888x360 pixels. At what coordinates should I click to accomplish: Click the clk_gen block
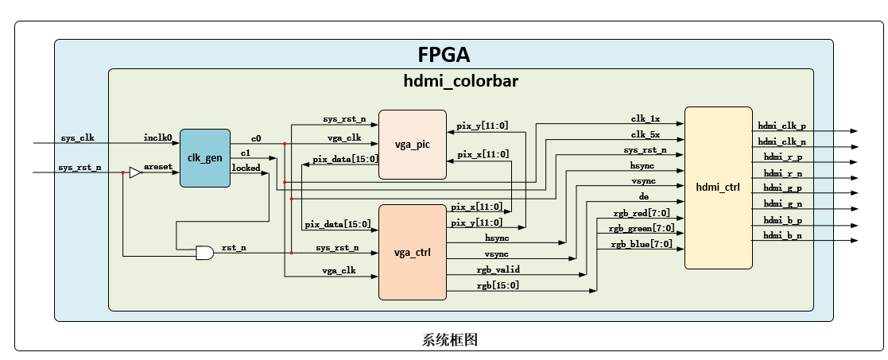tap(205, 158)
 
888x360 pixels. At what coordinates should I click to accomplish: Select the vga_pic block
tap(412, 144)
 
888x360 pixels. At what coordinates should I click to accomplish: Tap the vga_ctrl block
tap(412, 253)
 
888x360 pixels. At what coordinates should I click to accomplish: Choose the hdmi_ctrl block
tap(718, 188)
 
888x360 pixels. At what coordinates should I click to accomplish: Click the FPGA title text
tap(444, 55)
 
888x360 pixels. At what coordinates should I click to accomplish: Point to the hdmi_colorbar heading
tap(461, 80)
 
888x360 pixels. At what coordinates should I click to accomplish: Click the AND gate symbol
tap(204, 253)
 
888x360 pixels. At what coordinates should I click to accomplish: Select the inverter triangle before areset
tap(135, 172)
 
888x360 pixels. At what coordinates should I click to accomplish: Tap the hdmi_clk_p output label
tap(781, 126)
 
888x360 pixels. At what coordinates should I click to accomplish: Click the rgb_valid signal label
tap(498, 269)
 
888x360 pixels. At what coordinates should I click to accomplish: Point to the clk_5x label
tap(645, 134)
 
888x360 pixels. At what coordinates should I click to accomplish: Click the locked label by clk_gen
tap(246, 168)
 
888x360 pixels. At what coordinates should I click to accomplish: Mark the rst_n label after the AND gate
tap(234, 248)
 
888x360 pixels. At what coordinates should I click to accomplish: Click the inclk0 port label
tap(158, 137)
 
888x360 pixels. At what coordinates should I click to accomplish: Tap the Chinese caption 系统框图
tap(449, 339)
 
